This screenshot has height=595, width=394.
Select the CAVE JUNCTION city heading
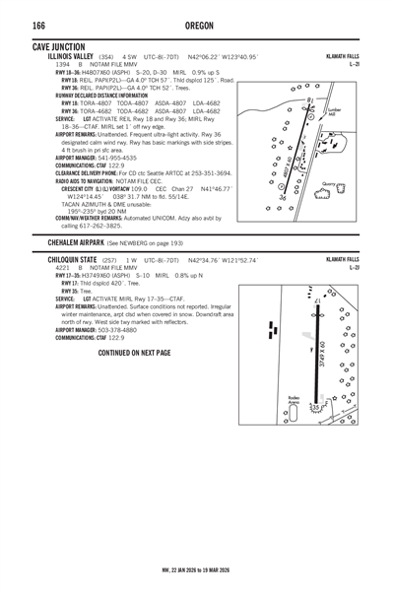58,47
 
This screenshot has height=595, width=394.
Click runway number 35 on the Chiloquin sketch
313,406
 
